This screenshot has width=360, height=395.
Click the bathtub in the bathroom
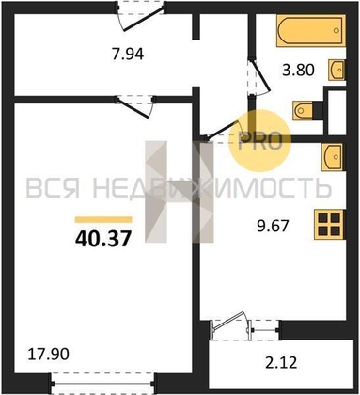coord(311,30)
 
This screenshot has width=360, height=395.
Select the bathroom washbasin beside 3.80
coord(337,69)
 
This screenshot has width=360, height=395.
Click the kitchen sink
coord(333,156)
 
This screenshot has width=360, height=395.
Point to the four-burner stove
coord(330,225)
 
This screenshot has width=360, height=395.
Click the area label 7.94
coord(128,54)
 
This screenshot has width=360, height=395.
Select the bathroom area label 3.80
coord(298,70)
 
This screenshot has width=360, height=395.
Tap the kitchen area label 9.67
coord(273,226)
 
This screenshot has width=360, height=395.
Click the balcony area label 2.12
coord(281,363)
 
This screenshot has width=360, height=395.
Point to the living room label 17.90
coord(48,354)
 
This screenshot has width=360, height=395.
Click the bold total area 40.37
coord(102,239)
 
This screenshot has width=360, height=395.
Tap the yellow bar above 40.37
coord(103,219)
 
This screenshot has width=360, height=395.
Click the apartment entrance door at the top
coord(140,16)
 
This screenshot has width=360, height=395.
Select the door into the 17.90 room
coord(135,105)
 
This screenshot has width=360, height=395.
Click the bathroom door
coord(258,77)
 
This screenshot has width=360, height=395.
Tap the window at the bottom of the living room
coord(102,383)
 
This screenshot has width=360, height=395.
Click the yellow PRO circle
coord(259,141)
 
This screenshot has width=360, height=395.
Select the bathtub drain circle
coord(337,30)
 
